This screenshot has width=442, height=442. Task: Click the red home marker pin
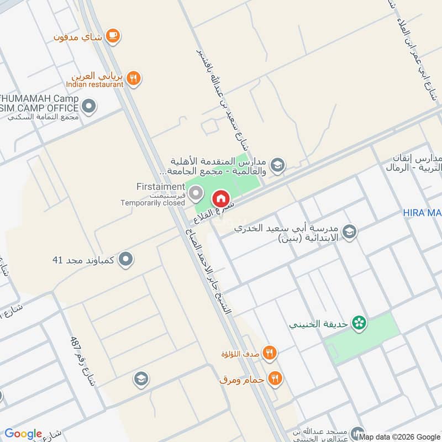[x=220, y=197]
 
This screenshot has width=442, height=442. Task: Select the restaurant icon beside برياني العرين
[x=133, y=78]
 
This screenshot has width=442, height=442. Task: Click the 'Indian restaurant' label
[x=94, y=85]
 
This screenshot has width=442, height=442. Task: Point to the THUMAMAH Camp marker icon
[x=89, y=105]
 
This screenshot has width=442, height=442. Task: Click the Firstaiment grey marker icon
[x=195, y=193]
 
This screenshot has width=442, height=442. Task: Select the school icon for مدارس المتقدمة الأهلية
[x=277, y=164]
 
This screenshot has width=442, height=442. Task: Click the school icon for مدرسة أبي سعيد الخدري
[x=349, y=232]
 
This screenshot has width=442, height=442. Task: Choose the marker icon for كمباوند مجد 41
[x=127, y=259]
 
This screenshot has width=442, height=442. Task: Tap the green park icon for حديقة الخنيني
[x=360, y=323]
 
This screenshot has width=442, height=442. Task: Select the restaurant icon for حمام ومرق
[x=275, y=379]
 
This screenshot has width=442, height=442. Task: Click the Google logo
[x=23, y=434]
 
